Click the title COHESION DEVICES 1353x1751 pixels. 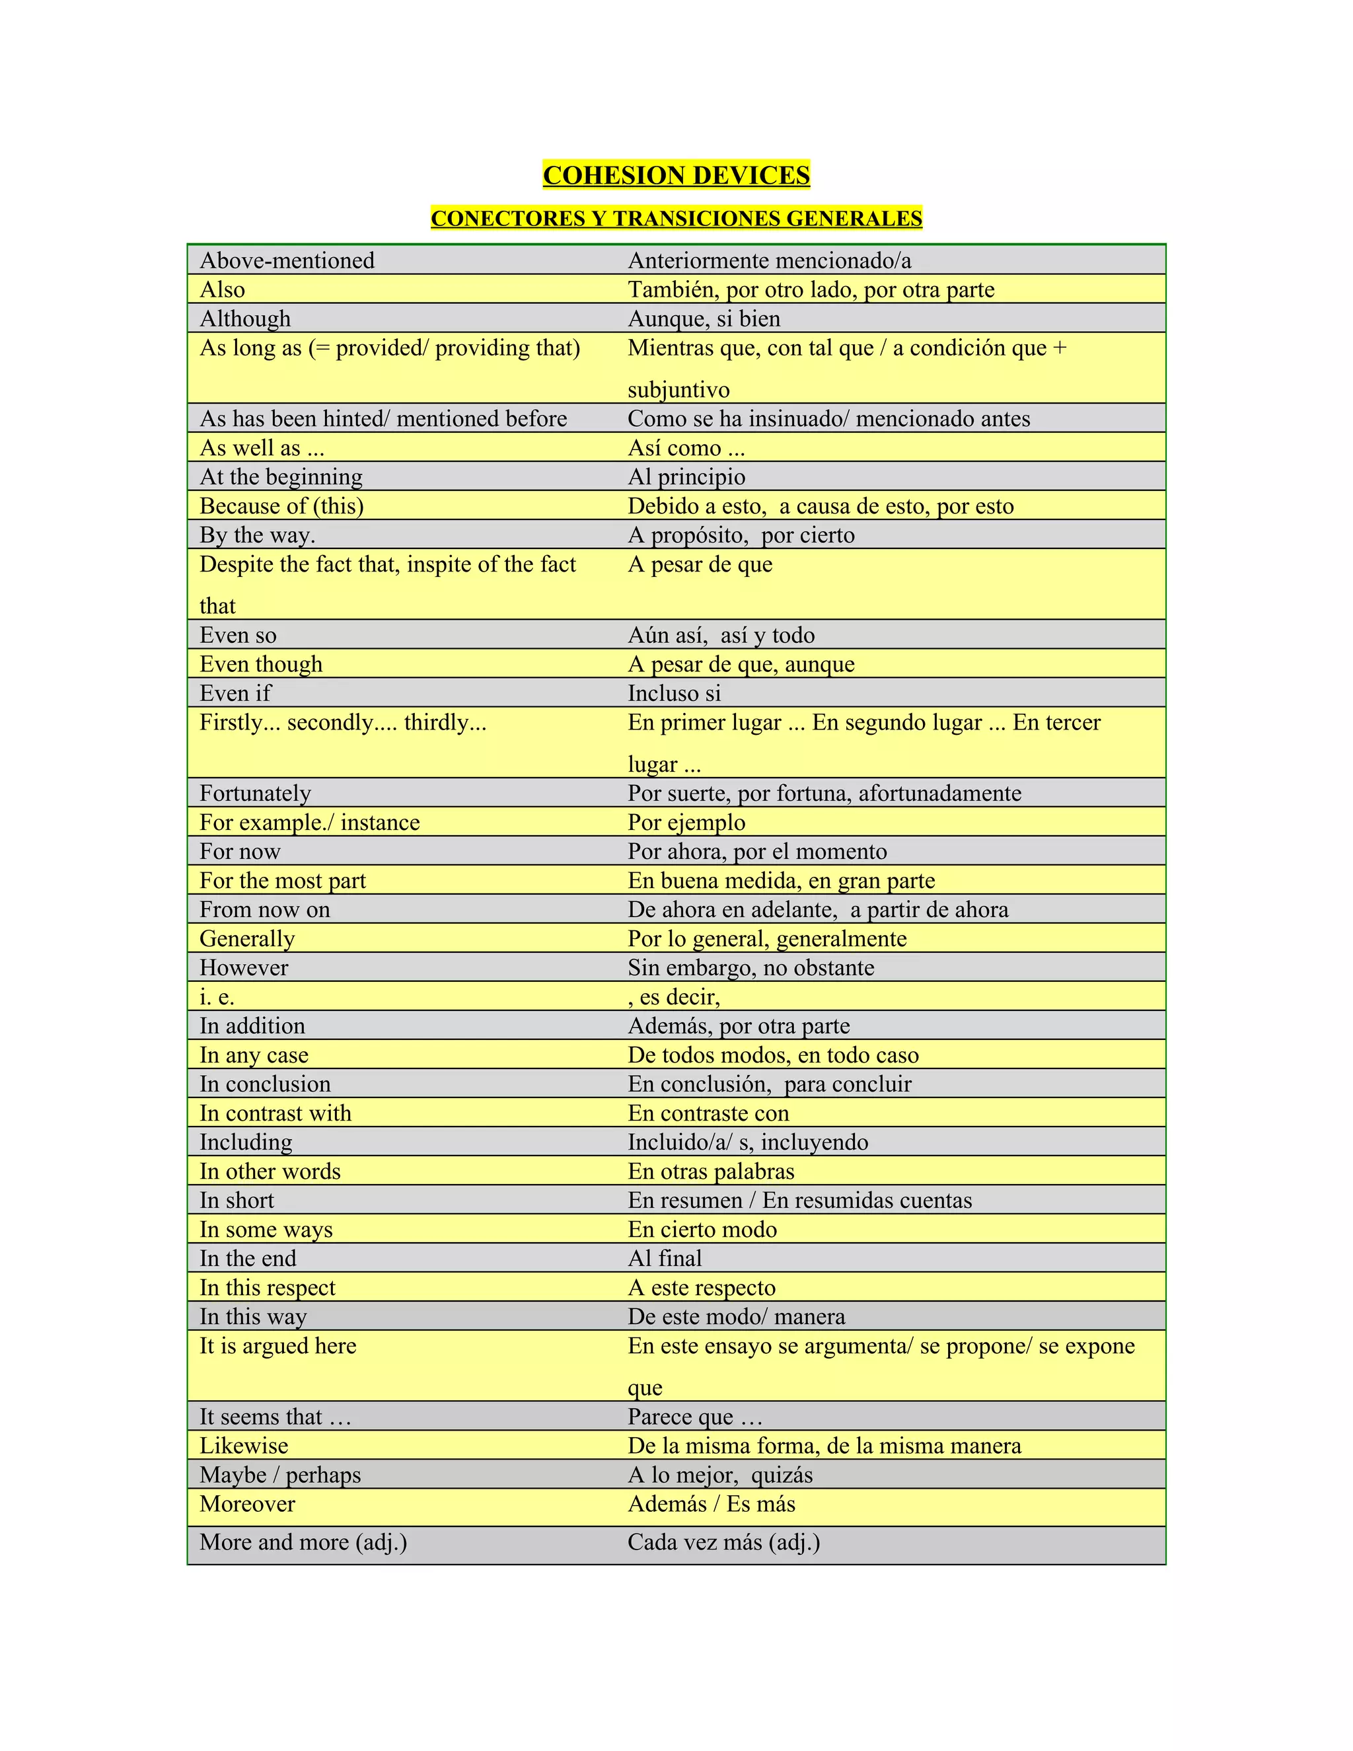click(676, 175)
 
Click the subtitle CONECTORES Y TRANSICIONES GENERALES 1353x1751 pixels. click(676, 218)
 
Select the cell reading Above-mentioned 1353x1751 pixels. click(287, 260)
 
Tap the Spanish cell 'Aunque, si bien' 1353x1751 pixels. click(704, 319)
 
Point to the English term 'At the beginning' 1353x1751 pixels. click(281, 477)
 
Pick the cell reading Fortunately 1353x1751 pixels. click(255, 793)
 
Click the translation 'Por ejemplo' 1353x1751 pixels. click(686, 823)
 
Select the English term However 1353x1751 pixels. click(244, 968)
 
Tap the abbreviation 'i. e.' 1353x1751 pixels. click(217, 996)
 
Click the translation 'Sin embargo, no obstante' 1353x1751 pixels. click(750, 968)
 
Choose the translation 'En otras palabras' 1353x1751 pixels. click(710, 1172)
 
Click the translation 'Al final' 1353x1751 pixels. click(665, 1259)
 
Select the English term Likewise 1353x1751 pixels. click(244, 1446)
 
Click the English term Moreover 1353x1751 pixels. click(247, 1504)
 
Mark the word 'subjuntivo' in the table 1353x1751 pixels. click(678, 390)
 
